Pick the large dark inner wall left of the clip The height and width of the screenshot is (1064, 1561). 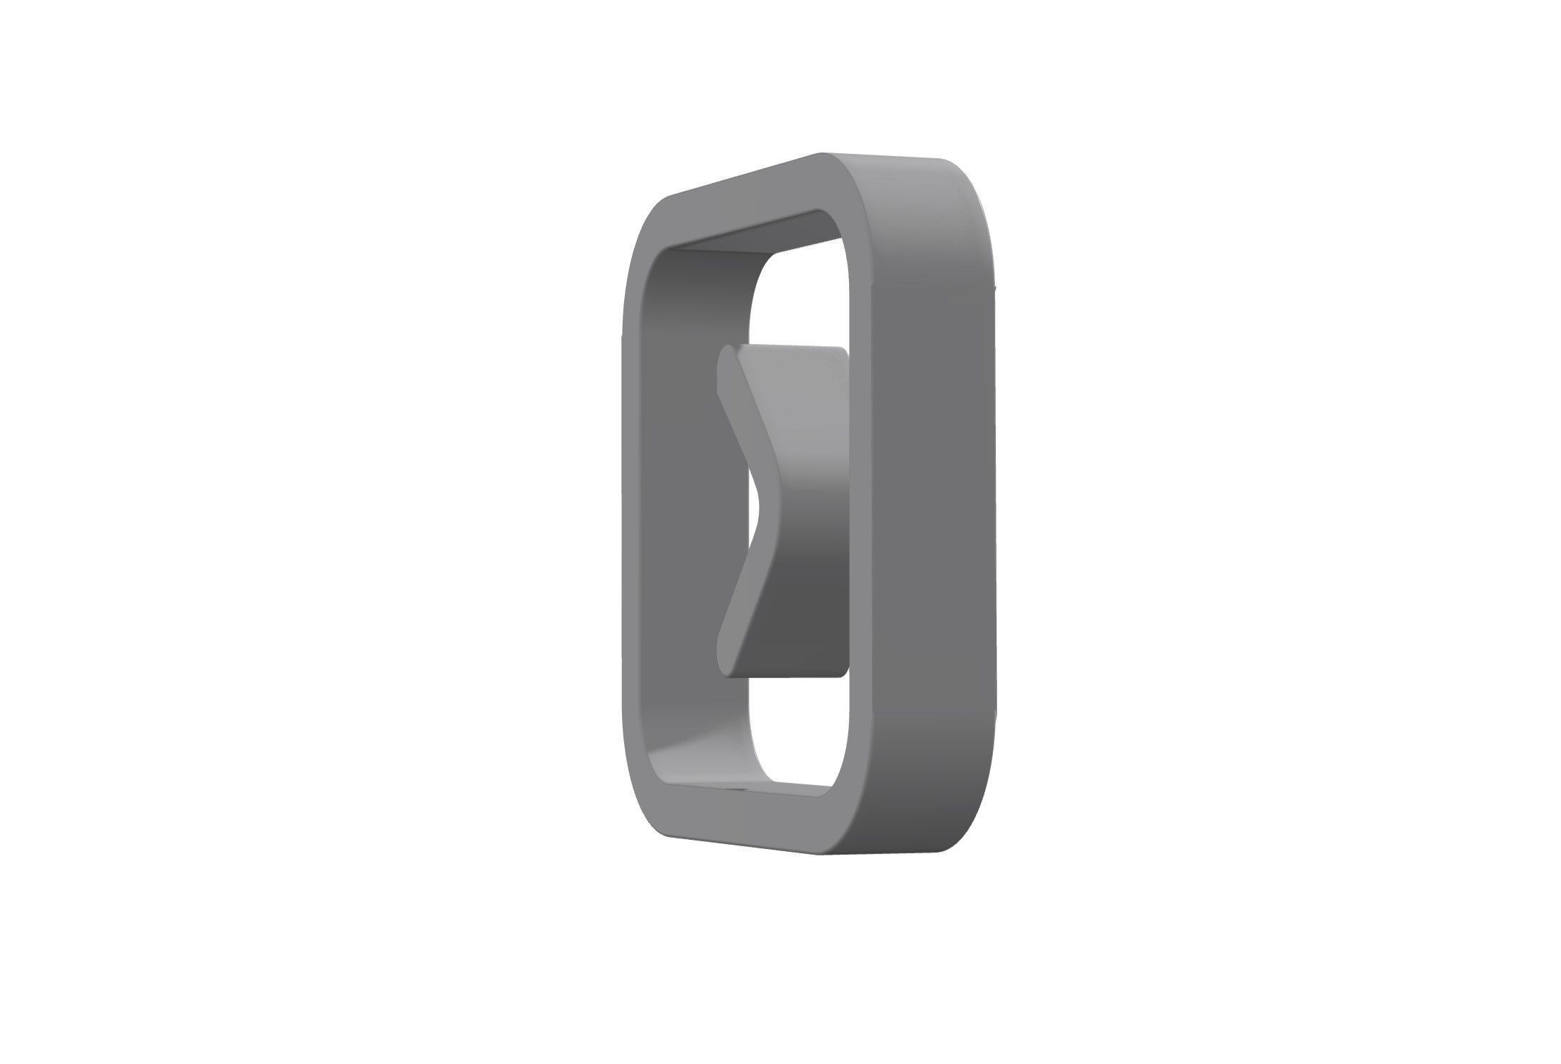(688, 511)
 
